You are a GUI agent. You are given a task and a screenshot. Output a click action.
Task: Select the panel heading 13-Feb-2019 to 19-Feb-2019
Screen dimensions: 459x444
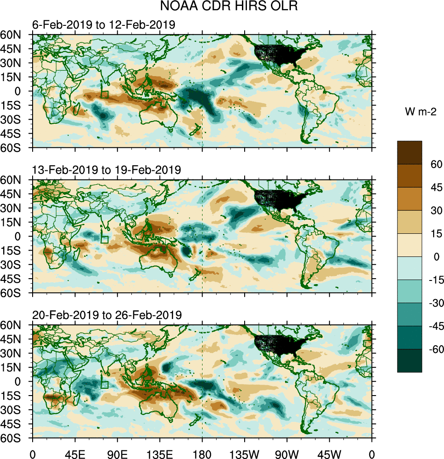click(x=106, y=170)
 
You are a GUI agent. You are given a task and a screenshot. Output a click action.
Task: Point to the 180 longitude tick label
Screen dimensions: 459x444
click(x=202, y=454)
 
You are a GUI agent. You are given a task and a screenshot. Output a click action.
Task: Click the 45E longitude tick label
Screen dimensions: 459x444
click(x=75, y=454)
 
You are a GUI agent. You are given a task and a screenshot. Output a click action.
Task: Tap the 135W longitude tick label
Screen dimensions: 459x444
click(x=245, y=454)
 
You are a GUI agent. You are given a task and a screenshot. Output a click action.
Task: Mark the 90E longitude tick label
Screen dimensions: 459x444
click(x=117, y=454)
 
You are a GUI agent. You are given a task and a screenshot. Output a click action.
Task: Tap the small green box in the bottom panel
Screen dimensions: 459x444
click(x=104, y=385)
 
